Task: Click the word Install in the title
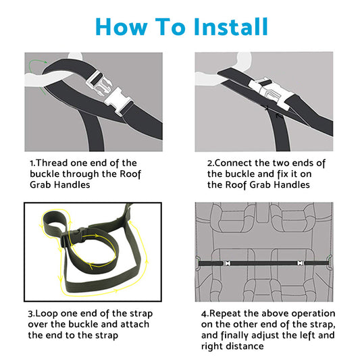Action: click(231, 26)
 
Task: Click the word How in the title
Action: click(121, 26)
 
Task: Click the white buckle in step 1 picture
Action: click(109, 93)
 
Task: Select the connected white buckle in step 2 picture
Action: click(271, 91)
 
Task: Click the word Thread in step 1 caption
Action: click(52, 163)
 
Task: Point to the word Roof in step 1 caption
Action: click(130, 174)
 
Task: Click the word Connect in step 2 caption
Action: click(233, 163)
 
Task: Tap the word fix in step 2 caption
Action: click(283, 174)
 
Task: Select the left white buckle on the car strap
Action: click(227, 263)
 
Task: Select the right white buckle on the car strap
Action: click(301, 263)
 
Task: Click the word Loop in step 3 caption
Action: click(47, 314)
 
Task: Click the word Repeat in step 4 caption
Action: click(226, 314)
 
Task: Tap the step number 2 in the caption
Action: click(210, 163)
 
